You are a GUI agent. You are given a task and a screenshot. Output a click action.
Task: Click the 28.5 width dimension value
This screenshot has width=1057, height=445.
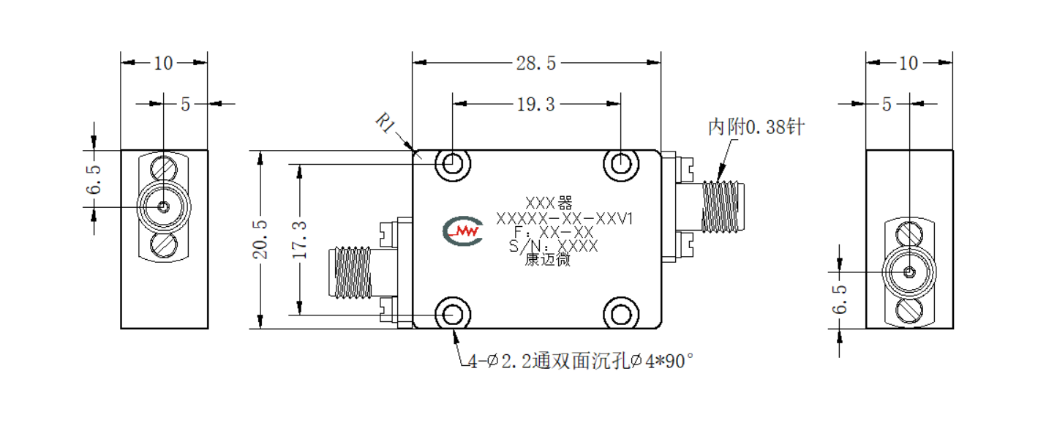click(536, 63)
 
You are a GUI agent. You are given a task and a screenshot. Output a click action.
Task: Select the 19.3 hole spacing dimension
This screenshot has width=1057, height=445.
click(536, 104)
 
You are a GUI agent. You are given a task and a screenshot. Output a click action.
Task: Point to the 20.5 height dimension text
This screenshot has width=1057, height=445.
click(260, 239)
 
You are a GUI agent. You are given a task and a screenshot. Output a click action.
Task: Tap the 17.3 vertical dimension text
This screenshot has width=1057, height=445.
click(300, 240)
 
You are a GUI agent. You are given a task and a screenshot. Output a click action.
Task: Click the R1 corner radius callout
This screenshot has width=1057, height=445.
click(385, 123)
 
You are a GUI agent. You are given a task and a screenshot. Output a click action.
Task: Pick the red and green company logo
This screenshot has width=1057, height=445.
click(463, 231)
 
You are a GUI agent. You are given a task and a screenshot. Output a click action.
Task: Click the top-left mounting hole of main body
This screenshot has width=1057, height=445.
click(453, 164)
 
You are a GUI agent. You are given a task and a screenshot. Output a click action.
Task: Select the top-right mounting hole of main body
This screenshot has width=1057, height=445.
click(621, 164)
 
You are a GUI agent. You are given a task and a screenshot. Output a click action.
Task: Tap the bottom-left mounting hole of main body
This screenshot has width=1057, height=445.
click(453, 314)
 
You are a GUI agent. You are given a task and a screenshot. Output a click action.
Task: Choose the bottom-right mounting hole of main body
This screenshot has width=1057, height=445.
click(621, 314)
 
